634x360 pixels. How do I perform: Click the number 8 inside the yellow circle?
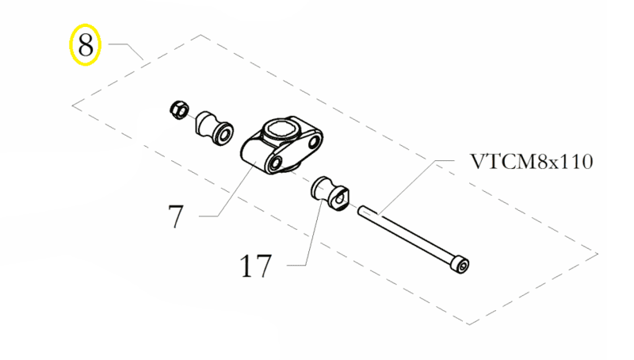86,44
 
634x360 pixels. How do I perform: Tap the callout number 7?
176,216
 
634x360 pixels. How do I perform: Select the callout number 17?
255,266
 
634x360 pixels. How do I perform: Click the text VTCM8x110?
532,162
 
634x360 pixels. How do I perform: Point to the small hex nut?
178,109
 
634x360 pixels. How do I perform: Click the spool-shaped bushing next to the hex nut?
215,128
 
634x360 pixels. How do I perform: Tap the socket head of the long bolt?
460,265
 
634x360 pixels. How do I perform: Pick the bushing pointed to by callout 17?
330,193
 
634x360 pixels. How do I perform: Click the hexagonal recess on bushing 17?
340,199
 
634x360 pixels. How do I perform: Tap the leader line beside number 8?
127,51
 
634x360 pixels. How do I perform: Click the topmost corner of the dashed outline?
201,35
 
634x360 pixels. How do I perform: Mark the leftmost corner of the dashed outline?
72,106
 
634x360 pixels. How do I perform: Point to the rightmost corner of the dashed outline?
598,254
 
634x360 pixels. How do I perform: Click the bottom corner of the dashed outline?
469,324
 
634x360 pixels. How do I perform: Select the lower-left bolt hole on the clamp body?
275,163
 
